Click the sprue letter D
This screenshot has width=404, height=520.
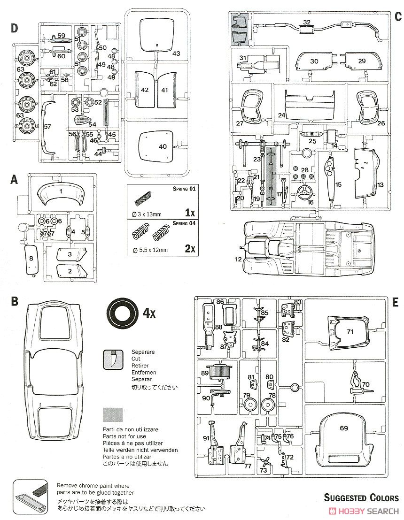click(14, 28)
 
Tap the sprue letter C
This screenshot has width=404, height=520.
click(398, 16)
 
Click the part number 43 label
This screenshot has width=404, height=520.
click(176, 53)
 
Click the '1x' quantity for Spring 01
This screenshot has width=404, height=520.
click(190, 212)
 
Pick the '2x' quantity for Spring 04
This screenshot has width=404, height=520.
click(190, 248)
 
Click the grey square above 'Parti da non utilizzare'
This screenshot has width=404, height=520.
click(113, 414)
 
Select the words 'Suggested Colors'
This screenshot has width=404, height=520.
click(362, 497)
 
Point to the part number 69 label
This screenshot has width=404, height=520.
click(344, 428)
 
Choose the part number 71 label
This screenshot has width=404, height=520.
click(350, 331)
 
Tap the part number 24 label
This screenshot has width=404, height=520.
click(282, 115)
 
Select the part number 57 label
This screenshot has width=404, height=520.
click(47, 126)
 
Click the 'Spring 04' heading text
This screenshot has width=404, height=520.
click(184, 223)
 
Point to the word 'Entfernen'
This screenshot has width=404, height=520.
click(144, 373)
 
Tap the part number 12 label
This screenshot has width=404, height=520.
click(238, 259)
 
